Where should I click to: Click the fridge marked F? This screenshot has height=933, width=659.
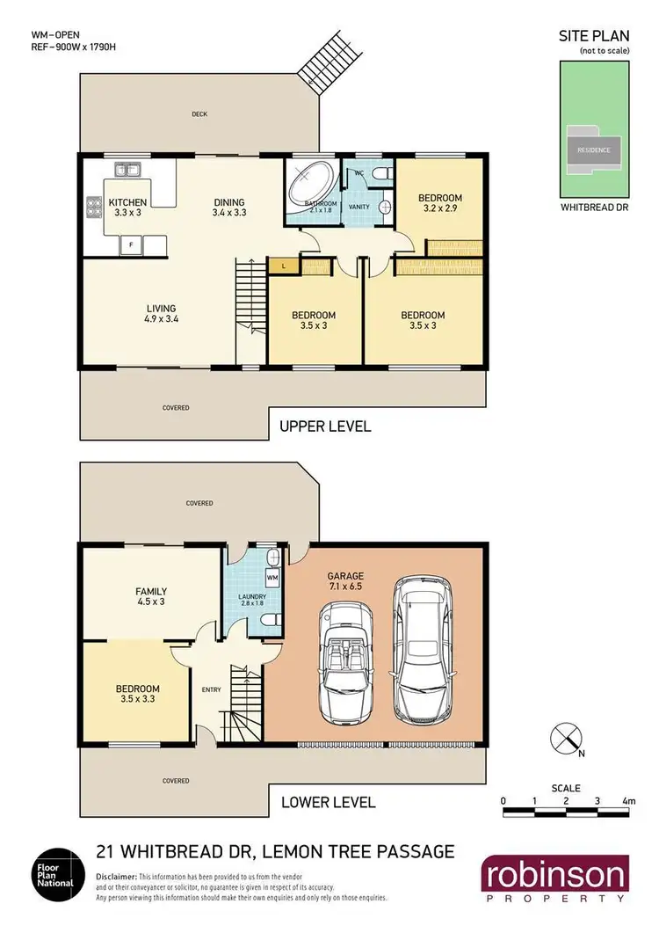[131, 243]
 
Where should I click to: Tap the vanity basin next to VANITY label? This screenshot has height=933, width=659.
[384, 208]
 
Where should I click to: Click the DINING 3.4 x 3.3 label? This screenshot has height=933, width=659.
[228, 207]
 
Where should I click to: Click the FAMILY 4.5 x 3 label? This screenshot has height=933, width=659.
[151, 597]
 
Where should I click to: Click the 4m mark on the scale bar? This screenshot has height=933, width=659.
[627, 801]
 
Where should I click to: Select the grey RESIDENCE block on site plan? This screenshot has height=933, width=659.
[593, 149]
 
